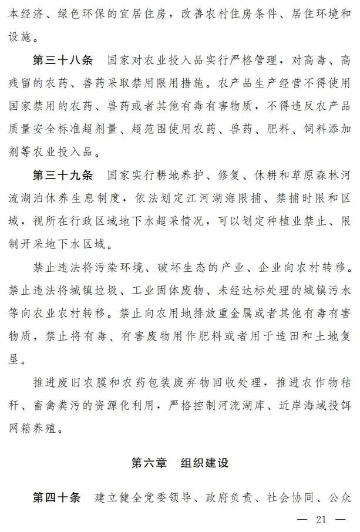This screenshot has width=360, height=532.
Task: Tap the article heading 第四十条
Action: [x=56, y=498]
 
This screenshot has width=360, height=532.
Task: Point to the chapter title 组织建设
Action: [x=205, y=463]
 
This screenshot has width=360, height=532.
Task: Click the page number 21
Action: [x=321, y=520]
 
